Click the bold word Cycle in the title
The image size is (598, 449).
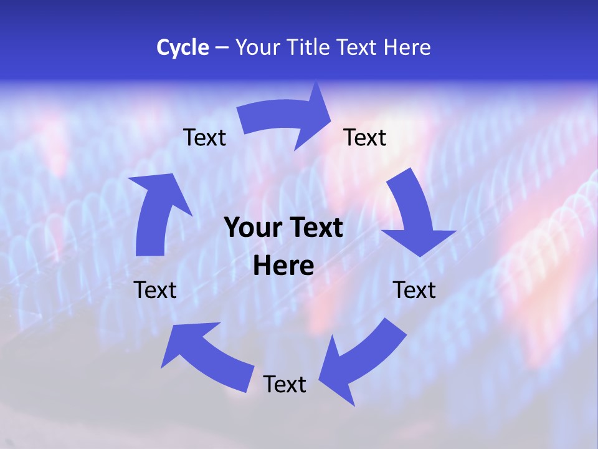(x=183, y=47)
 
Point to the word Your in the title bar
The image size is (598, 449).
(x=258, y=47)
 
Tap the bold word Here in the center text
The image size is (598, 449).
(x=283, y=266)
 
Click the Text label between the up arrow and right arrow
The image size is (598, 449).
(x=204, y=137)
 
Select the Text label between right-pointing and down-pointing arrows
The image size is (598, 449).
(x=365, y=137)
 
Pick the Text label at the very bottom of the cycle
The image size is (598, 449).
(x=285, y=384)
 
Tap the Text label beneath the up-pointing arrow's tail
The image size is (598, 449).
(x=155, y=290)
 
